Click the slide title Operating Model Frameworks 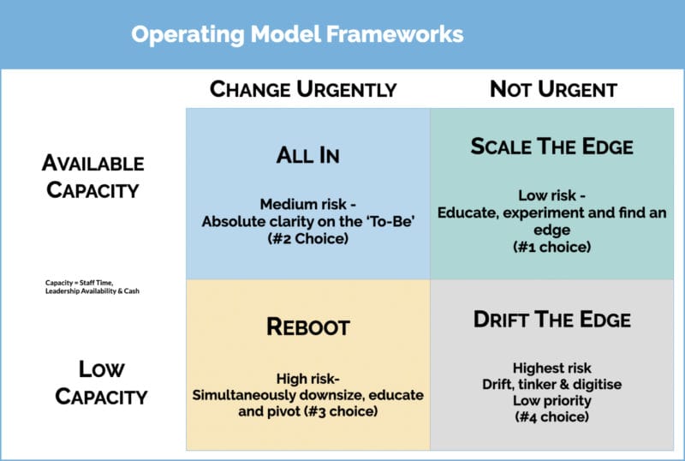297,34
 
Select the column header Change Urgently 303,89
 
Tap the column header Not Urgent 553,89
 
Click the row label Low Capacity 102,383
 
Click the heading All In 307,155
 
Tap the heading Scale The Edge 551,147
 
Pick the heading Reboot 308,327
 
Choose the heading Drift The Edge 551,320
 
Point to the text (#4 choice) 551,417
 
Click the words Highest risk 551,368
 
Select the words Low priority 551,401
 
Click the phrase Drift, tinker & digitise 551,385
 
